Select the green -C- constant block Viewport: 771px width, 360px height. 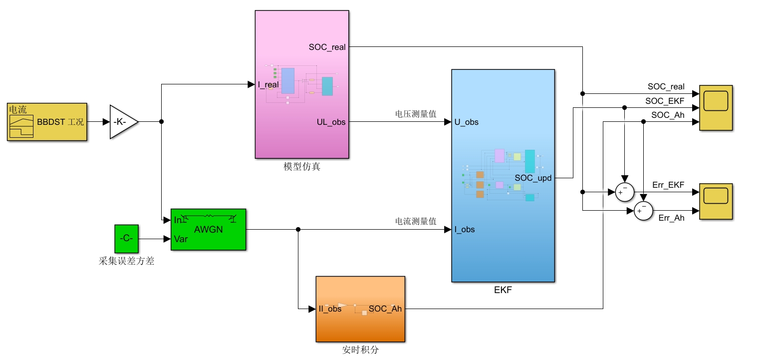coord(127,239)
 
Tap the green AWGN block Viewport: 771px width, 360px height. coord(209,230)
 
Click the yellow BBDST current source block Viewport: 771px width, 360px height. coord(47,122)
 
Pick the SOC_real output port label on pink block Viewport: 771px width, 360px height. coord(327,47)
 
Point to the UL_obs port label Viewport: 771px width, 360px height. coord(331,122)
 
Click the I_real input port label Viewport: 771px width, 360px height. coord(268,85)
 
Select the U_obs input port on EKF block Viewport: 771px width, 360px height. coord(467,122)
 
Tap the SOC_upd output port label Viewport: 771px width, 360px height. coord(533,178)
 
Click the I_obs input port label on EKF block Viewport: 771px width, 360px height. coord(464,230)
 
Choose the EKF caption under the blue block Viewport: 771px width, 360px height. coord(503,290)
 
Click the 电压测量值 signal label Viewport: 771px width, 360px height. coord(416,114)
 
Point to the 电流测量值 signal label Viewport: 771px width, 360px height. coord(416,221)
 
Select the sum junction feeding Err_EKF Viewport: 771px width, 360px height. coord(625,192)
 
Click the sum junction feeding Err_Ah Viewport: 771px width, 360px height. coord(643,211)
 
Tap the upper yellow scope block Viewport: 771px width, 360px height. coord(716,108)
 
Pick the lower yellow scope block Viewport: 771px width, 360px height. coord(716,202)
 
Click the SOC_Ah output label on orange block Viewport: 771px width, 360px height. coord(385,309)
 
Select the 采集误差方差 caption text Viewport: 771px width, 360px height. coord(126,261)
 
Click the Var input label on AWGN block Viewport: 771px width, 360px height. coord(181,239)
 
